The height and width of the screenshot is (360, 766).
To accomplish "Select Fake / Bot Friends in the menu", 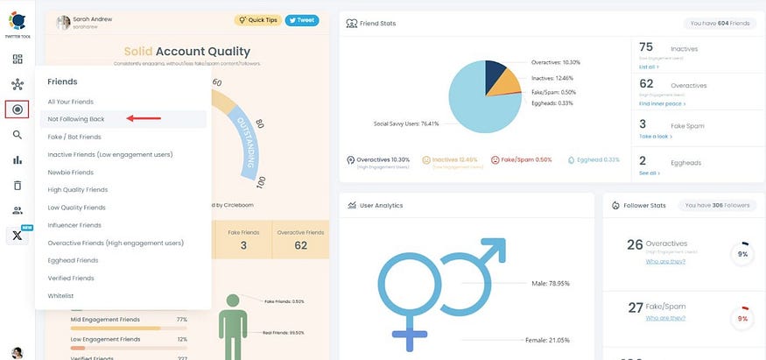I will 74,137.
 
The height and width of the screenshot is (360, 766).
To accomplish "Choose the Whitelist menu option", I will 60,295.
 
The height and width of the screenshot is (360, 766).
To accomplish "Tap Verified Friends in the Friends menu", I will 71,278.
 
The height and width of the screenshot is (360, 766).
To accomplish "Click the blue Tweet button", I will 302,20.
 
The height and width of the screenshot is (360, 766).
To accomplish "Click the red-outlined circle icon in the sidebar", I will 18,109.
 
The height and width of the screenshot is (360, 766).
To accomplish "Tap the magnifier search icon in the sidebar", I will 18,135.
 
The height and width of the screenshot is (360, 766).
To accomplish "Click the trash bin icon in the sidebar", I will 18,185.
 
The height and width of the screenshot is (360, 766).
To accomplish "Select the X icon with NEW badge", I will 18,235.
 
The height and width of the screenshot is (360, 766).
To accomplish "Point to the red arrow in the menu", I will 144,117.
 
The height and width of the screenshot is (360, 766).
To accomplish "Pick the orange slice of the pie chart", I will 505,84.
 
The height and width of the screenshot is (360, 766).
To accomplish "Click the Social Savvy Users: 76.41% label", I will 406,124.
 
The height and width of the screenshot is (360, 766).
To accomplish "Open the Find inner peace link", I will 661,103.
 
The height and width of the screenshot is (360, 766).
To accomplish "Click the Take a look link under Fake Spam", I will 655,137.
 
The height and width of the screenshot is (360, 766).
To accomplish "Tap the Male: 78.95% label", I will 550,283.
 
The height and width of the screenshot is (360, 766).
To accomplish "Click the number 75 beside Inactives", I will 647,46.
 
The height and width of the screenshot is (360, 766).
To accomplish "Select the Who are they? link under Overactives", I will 665,261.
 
